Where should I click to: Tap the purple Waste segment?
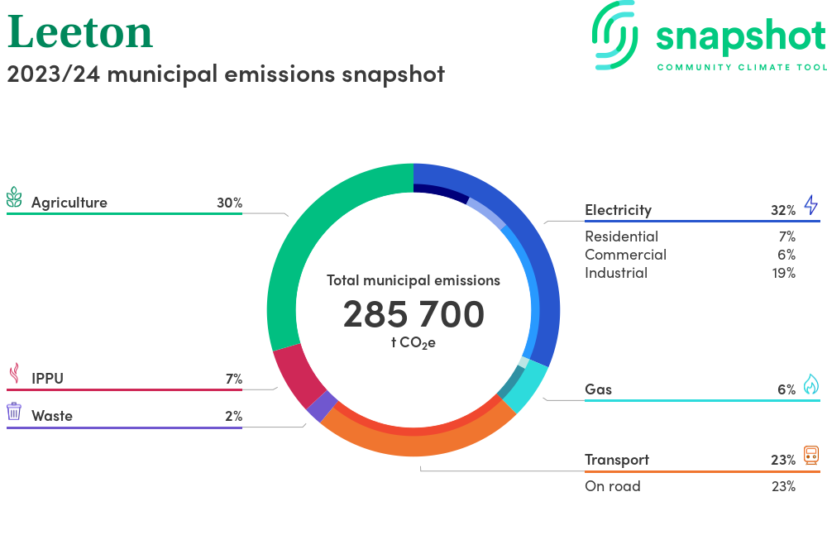(x=322, y=405)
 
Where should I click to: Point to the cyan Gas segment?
(x=530, y=388)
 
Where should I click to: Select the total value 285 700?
(x=413, y=314)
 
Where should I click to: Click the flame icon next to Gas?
(x=810, y=384)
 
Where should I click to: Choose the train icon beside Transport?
(x=810, y=455)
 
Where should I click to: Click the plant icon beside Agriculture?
(x=14, y=198)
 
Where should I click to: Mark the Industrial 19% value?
(x=782, y=273)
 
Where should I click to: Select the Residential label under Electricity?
(x=621, y=236)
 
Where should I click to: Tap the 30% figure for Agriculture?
(x=229, y=203)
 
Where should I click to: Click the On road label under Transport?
(x=612, y=486)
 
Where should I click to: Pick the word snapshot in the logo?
(x=740, y=36)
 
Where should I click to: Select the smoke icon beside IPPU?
(x=14, y=375)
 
